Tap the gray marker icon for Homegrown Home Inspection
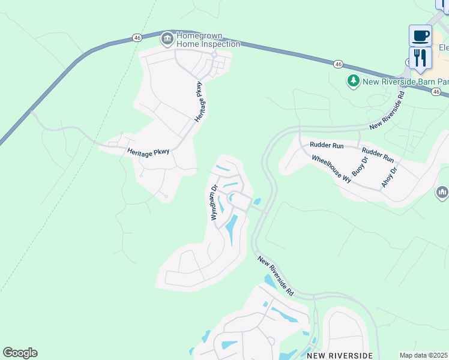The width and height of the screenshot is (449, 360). coord(167,40)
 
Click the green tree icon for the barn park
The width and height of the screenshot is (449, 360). coord(354,80)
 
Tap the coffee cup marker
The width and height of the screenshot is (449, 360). coord(420,35)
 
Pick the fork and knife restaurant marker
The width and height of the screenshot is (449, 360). coord(420,58)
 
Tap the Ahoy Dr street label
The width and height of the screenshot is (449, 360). coord(390,178)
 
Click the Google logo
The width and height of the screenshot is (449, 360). coord(20,353)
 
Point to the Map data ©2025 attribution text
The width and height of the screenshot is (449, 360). coord(423,355)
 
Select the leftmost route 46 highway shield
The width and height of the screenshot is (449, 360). coord(137,37)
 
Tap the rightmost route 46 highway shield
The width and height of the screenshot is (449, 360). coord(436,92)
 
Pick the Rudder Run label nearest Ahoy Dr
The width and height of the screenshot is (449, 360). coord(378,155)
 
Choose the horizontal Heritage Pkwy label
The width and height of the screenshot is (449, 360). coord(148,152)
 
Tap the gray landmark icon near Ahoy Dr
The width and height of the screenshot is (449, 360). coord(442,192)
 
